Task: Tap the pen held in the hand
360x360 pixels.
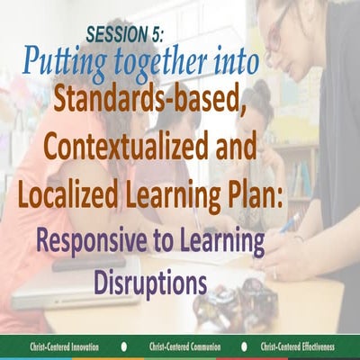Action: click(x=290, y=222)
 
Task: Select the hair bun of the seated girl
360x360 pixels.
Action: click(x=261, y=90)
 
